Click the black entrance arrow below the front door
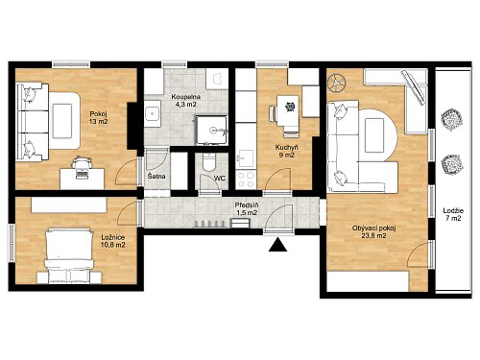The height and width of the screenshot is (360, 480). [277, 245]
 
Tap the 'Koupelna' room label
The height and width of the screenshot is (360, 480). [186, 97]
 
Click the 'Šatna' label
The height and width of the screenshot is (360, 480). [156, 176]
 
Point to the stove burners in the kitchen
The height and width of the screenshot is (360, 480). [247, 180]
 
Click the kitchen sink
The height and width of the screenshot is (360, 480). [246, 158]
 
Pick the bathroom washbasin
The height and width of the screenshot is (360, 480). [153, 113]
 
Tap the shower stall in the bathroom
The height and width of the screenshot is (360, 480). [212, 131]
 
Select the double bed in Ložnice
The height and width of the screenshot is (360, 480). [68, 255]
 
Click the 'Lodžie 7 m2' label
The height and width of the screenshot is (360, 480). [453, 215]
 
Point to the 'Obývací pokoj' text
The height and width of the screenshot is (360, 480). [374, 228]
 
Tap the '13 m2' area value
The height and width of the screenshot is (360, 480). [99, 121]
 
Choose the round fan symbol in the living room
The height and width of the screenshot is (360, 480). [336, 83]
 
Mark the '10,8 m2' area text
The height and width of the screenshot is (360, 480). [113, 245]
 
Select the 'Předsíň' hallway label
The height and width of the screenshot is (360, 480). [247, 205]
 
